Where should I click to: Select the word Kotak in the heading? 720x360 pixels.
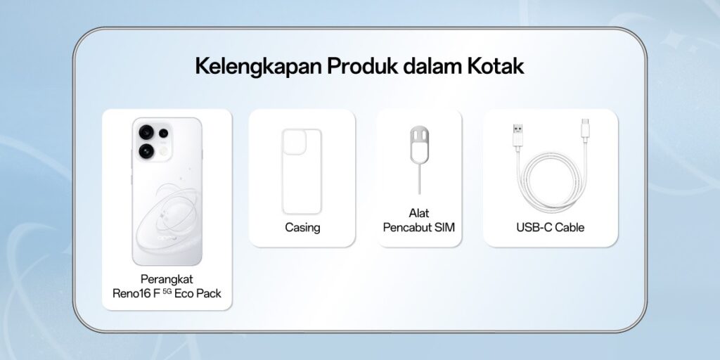496,65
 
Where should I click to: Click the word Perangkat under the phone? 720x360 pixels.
167,279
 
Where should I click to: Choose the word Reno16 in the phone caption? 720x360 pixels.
131,293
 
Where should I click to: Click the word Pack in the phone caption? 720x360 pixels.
209,293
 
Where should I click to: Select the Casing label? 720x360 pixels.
302,228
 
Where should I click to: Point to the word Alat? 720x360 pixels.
419,213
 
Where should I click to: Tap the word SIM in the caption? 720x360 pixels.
444,227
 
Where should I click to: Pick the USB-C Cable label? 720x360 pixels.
550,227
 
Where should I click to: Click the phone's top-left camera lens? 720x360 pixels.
146,132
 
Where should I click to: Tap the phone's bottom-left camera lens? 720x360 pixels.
146,150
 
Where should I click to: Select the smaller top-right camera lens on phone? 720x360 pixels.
163,133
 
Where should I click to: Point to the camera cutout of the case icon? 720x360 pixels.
295,142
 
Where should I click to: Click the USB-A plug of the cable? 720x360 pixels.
517,135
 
